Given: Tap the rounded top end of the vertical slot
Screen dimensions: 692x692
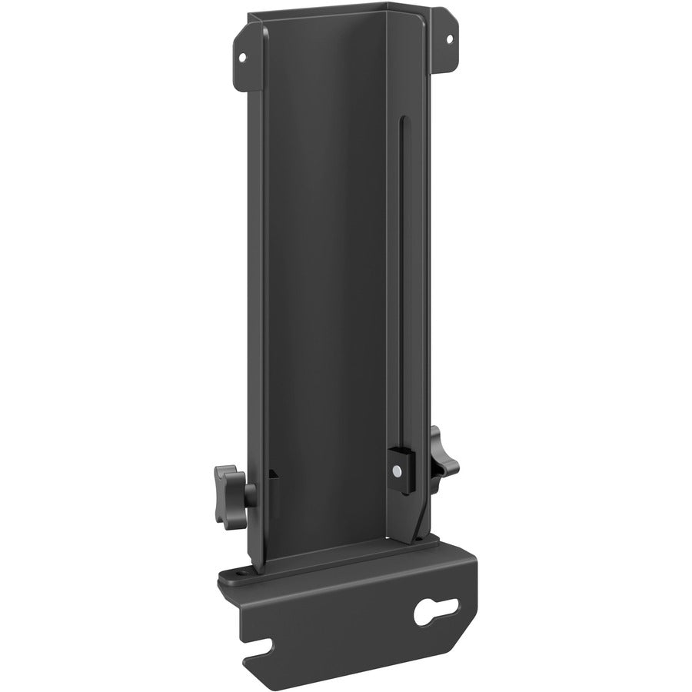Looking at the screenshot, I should [401, 120].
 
